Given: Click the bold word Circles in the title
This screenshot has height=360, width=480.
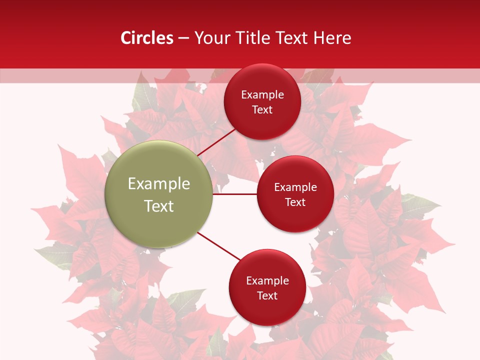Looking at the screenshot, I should (x=147, y=38).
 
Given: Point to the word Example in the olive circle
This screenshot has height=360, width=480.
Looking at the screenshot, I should (x=159, y=183).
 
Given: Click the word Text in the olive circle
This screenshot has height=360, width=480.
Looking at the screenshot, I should (x=159, y=206).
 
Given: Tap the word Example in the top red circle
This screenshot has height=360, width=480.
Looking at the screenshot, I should (x=262, y=95).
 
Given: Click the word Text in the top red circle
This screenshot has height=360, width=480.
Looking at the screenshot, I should (x=262, y=110).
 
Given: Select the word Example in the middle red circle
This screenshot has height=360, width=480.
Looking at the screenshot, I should (x=295, y=187).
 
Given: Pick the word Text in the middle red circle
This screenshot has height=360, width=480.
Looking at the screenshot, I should (x=295, y=202).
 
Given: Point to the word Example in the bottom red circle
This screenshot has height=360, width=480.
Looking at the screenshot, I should (x=267, y=281).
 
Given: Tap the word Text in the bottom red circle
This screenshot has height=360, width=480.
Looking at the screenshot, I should (x=267, y=296).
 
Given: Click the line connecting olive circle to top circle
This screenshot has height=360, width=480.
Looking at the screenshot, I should (x=217, y=141).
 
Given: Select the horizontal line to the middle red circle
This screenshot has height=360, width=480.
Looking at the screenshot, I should (x=234, y=194).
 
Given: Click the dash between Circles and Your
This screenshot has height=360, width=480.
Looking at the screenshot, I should (x=183, y=38).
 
